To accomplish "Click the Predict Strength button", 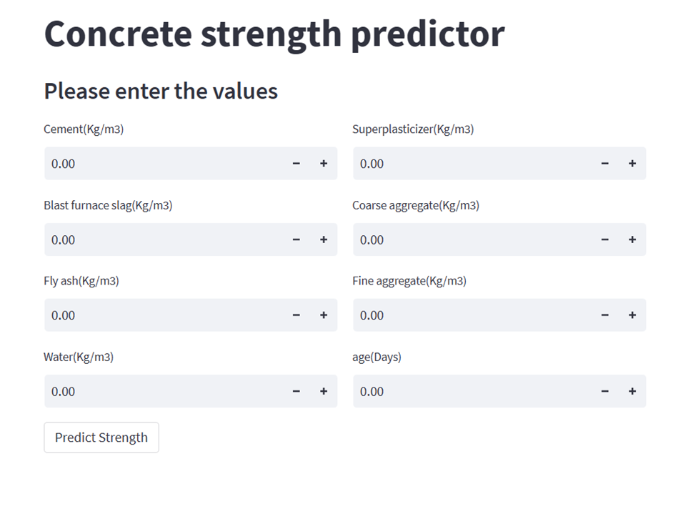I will coord(101,438).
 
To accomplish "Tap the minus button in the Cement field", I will coord(296,164).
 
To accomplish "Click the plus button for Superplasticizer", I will coord(632,164).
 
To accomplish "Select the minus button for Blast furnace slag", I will coord(296,239).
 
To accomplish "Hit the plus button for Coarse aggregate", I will coord(632,239).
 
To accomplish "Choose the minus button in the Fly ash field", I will coord(296,315).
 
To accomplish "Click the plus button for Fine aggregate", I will coord(632,315).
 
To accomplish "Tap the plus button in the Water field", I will coord(324,391).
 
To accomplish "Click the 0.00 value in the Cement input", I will coord(64,164).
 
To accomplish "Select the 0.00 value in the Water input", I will coord(64,391).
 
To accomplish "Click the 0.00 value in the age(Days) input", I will coord(372,391).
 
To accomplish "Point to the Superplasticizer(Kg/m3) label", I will coord(413,129).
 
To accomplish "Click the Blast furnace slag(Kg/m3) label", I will coord(108,205).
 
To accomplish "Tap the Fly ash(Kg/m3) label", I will coord(81,281).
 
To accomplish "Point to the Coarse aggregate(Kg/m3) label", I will coord(416,205).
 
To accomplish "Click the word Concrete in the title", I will coord(118,34).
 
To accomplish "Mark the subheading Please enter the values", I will coord(161,92).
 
